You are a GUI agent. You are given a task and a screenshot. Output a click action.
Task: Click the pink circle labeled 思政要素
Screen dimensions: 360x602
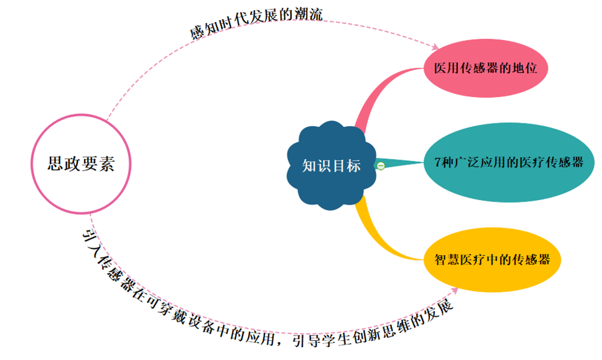click(x=81, y=164)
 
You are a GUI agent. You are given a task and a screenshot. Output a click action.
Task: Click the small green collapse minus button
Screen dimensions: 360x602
click(x=381, y=165)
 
